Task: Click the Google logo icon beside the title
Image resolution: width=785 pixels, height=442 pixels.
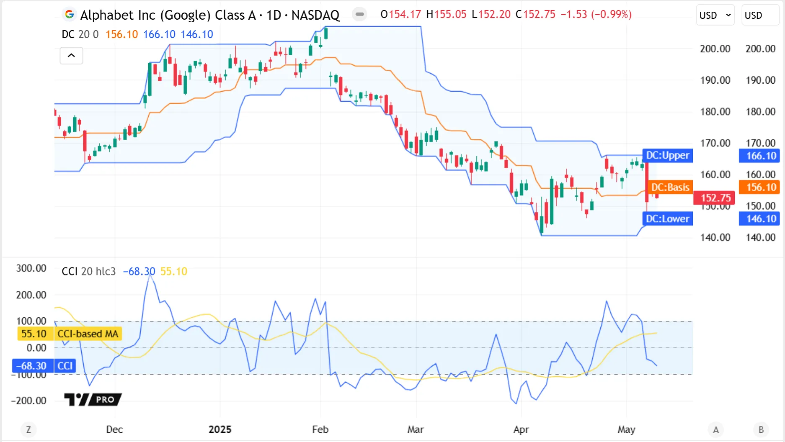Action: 69,15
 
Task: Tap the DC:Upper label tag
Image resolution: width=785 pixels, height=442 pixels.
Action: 667,156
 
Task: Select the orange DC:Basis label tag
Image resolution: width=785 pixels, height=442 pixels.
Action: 670,187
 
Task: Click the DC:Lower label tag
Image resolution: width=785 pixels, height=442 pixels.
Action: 667,218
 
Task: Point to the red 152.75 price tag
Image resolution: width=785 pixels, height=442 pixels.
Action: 715,198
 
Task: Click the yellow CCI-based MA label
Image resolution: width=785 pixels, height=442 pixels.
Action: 88,334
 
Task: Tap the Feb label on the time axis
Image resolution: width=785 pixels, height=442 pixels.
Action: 320,429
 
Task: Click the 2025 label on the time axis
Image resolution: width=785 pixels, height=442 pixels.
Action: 220,429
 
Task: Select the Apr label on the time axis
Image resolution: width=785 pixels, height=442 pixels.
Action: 521,429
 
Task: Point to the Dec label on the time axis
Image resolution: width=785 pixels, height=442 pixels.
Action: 114,429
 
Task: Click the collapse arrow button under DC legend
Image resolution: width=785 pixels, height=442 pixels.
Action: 71,56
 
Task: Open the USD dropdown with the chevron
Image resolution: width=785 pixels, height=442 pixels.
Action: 715,15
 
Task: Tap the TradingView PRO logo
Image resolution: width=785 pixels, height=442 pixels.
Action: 93,400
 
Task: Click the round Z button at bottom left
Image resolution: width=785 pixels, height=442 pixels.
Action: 28,429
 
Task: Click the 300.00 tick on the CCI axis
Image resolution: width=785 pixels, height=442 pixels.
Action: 31,268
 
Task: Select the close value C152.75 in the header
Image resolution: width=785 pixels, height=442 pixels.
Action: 535,15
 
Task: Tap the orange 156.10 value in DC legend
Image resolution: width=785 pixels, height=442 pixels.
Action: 121,34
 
